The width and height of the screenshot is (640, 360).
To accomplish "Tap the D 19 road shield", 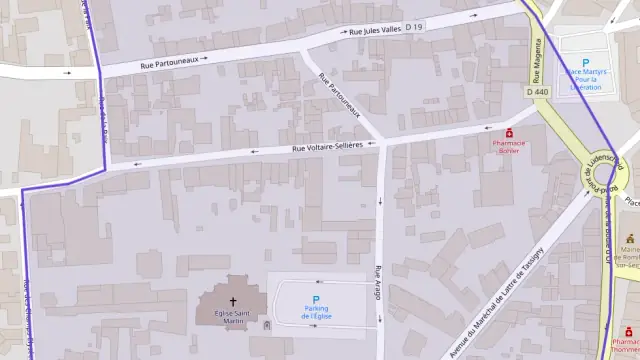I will [415, 26].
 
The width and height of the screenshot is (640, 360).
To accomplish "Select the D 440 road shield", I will [537, 91].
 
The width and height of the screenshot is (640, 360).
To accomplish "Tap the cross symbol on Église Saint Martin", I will [234, 301].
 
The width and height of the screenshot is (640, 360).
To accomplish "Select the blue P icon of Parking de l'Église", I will [316, 300].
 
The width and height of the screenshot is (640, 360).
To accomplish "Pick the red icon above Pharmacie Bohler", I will [509, 132].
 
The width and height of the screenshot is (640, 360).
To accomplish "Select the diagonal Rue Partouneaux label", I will [338, 97].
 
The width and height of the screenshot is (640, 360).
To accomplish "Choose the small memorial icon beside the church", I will [266, 325].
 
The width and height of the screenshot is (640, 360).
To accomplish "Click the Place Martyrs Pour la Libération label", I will [585, 80].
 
